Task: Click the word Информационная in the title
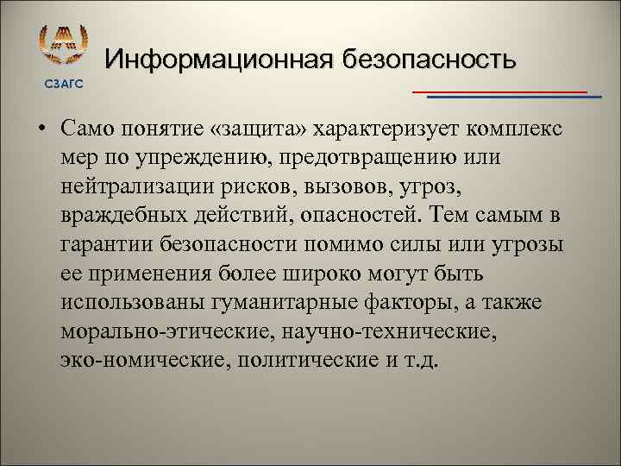coord(219,60)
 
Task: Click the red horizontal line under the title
coord(499,91)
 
